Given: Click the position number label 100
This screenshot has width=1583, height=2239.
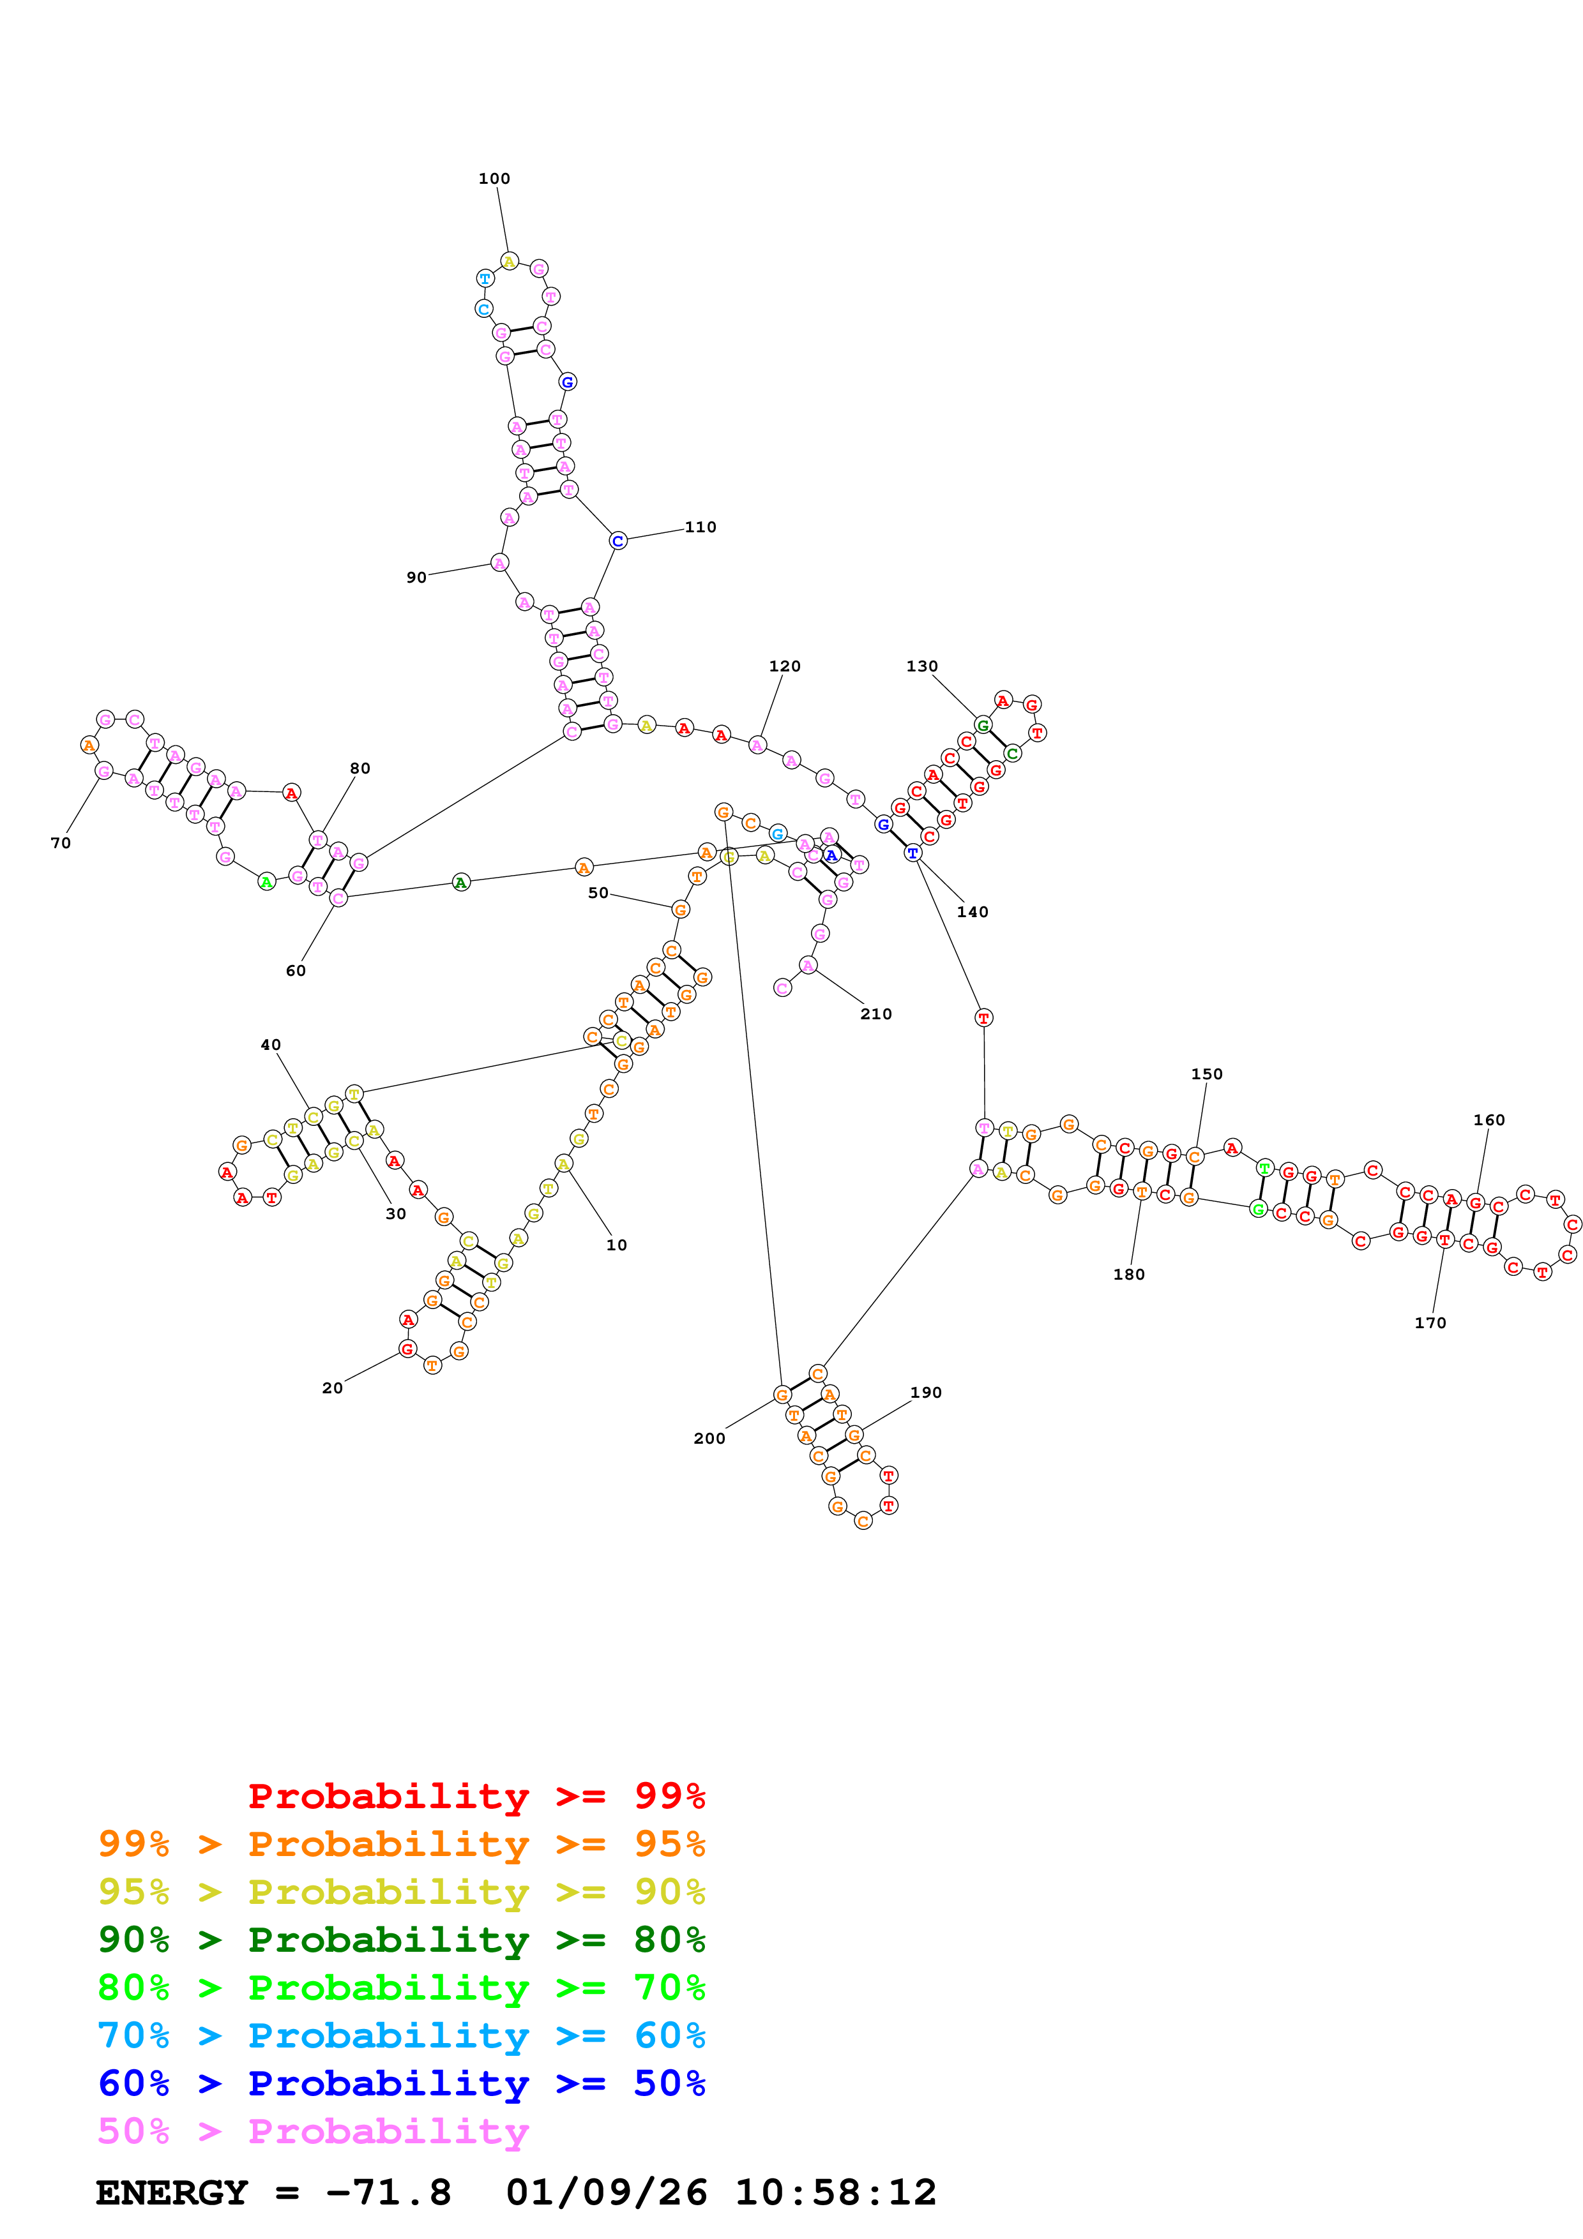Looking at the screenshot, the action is pos(494,179).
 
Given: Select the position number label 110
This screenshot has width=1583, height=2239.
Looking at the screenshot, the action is pos(701,527).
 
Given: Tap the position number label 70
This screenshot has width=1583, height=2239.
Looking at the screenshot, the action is pos(61,842).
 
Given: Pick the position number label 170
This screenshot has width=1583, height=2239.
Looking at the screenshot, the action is pos(1430,1322).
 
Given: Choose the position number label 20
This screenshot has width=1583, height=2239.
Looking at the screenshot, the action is pos(333,1388).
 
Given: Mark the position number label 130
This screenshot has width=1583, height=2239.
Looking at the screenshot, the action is pos(921,666).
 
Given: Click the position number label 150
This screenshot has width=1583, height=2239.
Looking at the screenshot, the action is pos(1206,1074).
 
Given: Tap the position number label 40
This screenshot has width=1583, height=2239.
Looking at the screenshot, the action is pos(270,1044).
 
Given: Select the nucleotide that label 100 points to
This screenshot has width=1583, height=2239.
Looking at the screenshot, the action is pos(509,261).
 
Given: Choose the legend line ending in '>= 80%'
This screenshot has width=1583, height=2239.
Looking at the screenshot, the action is pos(401,1940).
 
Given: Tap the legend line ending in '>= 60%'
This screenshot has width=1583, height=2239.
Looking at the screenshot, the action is pos(401,2035).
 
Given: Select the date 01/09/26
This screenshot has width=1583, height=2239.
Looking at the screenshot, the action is pos(606,2192).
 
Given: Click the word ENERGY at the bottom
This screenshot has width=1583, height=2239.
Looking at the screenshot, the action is pos(172,2192).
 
